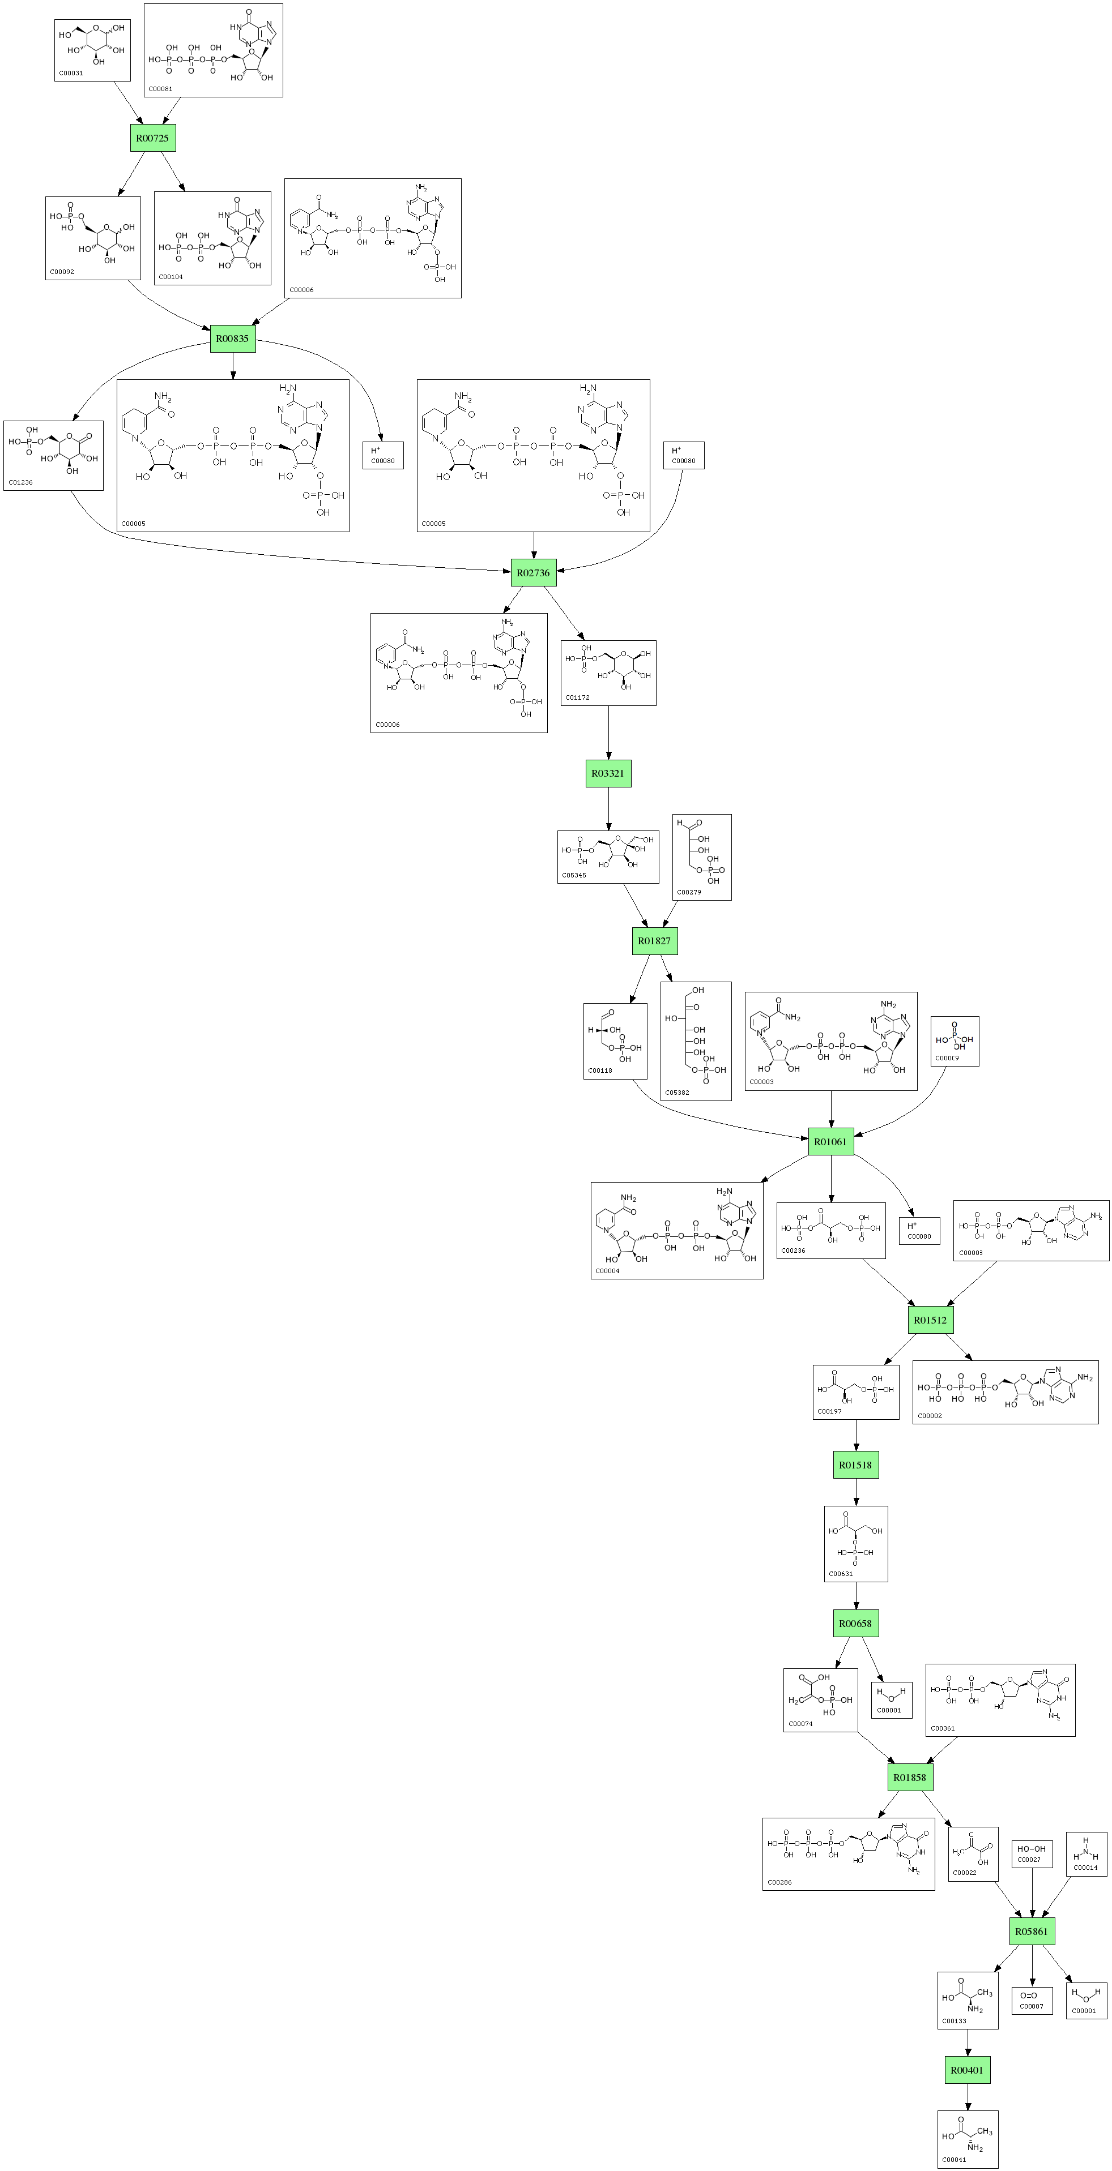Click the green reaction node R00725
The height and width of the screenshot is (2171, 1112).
coord(152,138)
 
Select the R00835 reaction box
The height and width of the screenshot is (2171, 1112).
coord(233,339)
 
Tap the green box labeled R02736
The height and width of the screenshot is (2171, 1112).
coord(533,573)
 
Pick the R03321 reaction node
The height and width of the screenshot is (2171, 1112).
coord(608,774)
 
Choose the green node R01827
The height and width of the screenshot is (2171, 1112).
coord(654,941)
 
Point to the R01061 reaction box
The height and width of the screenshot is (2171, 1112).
coord(830,1142)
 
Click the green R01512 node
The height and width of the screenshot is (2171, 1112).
coord(930,1321)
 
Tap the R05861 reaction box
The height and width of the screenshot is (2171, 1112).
coord(1032,1932)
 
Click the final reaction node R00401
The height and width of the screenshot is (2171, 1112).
coord(967,2071)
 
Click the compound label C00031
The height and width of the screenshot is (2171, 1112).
coord(71,74)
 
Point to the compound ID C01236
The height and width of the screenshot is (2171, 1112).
coord(20,483)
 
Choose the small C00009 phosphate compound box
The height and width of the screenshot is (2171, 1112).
coord(955,1042)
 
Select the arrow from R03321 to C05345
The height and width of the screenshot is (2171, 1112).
coord(608,809)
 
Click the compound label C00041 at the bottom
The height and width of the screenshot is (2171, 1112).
coord(955,2160)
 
